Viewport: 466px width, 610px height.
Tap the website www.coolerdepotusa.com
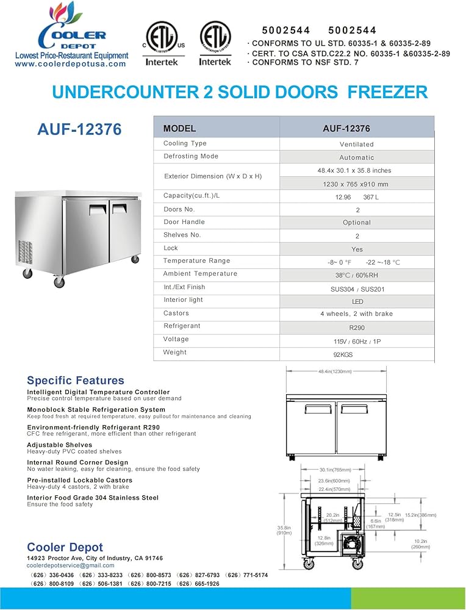(x=70, y=63)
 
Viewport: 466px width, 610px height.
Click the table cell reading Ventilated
(x=357, y=145)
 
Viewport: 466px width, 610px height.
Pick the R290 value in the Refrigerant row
(x=357, y=328)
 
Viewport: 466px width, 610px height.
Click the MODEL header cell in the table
(x=180, y=129)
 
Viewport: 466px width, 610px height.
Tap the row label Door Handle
(x=184, y=222)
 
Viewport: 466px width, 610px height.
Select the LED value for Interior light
(x=357, y=301)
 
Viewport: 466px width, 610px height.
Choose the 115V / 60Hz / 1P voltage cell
(x=357, y=342)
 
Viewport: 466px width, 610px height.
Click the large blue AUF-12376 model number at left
(x=79, y=129)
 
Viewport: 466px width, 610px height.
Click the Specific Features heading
(x=76, y=381)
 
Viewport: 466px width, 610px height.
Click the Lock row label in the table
(x=171, y=248)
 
